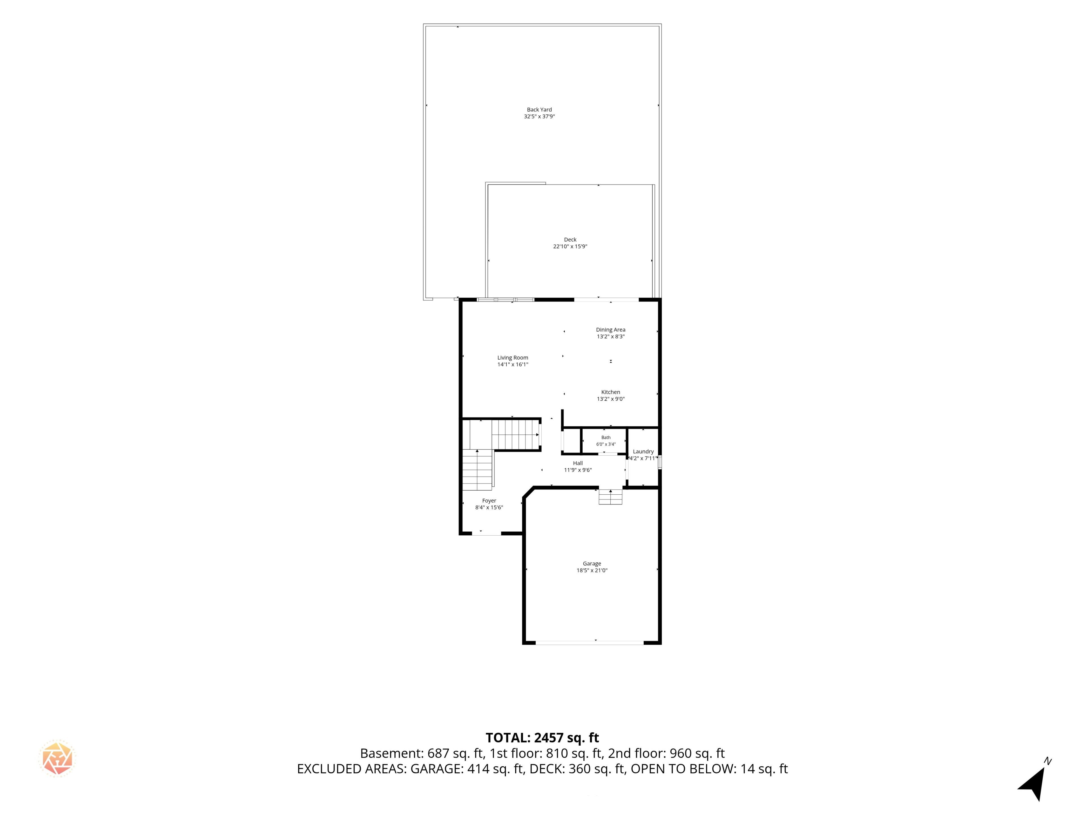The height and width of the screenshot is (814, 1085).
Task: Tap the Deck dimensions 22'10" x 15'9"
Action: click(x=570, y=246)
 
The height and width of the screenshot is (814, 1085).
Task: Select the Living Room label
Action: click(x=513, y=358)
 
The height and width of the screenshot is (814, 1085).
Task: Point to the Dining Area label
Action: click(x=611, y=330)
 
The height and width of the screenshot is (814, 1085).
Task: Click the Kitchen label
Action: click(x=611, y=392)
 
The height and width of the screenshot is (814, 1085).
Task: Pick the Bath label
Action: click(x=606, y=437)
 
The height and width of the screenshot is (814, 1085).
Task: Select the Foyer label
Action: click(x=489, y=501)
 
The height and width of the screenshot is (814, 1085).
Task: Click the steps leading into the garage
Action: click(x=610, y=497)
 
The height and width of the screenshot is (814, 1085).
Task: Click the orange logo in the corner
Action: click(x=57, y=758)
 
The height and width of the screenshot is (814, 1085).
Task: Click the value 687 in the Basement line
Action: click(x=438, y=753)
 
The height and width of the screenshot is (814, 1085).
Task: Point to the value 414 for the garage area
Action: click(x=478, y=769)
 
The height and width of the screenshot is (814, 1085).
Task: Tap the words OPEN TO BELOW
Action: click(x=683, y=769)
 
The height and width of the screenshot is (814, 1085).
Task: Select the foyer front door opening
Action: click(x=487, y=533)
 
